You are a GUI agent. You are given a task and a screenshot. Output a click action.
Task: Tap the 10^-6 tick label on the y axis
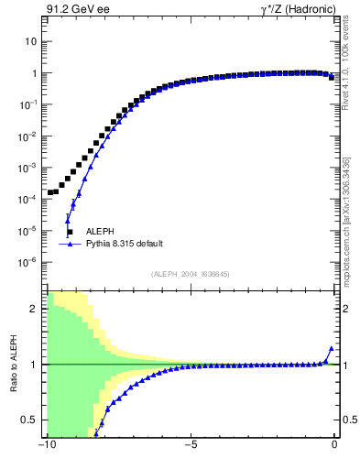coord(27,262)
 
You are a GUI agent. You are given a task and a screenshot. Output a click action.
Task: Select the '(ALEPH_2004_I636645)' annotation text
coord(191,275)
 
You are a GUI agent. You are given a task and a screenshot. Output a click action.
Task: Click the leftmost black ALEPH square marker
coord(50,192)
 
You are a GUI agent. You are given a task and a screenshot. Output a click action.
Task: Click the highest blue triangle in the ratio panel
coord(331,349)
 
